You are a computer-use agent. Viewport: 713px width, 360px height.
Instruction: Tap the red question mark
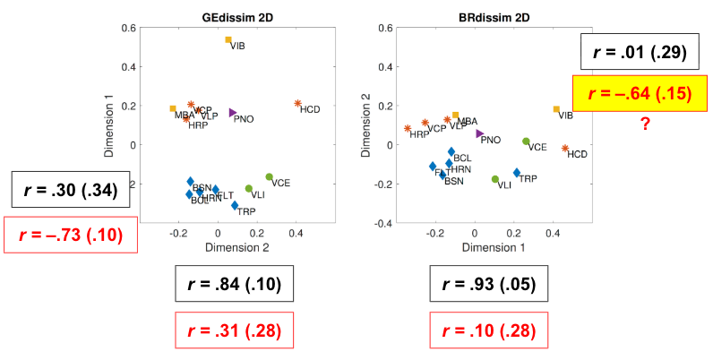[644, 124]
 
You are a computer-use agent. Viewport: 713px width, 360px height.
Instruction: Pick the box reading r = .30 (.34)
[71, 189]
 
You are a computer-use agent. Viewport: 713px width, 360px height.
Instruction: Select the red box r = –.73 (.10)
[71, 236]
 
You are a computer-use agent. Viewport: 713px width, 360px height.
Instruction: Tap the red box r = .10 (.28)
[484, 330]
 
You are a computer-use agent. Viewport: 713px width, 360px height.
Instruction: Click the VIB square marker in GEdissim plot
[228, 40]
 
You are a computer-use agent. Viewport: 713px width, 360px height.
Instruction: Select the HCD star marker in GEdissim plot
[297, 104]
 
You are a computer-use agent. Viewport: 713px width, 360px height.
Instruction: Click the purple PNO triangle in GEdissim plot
[233, 113]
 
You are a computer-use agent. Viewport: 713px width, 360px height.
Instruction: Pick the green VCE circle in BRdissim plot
[526, 141]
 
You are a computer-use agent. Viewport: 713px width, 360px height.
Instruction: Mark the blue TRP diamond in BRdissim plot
[517, 173]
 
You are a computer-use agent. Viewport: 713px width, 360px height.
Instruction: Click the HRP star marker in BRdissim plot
[408, 128]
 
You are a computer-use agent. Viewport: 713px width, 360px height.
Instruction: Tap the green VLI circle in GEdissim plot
[249, 189]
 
